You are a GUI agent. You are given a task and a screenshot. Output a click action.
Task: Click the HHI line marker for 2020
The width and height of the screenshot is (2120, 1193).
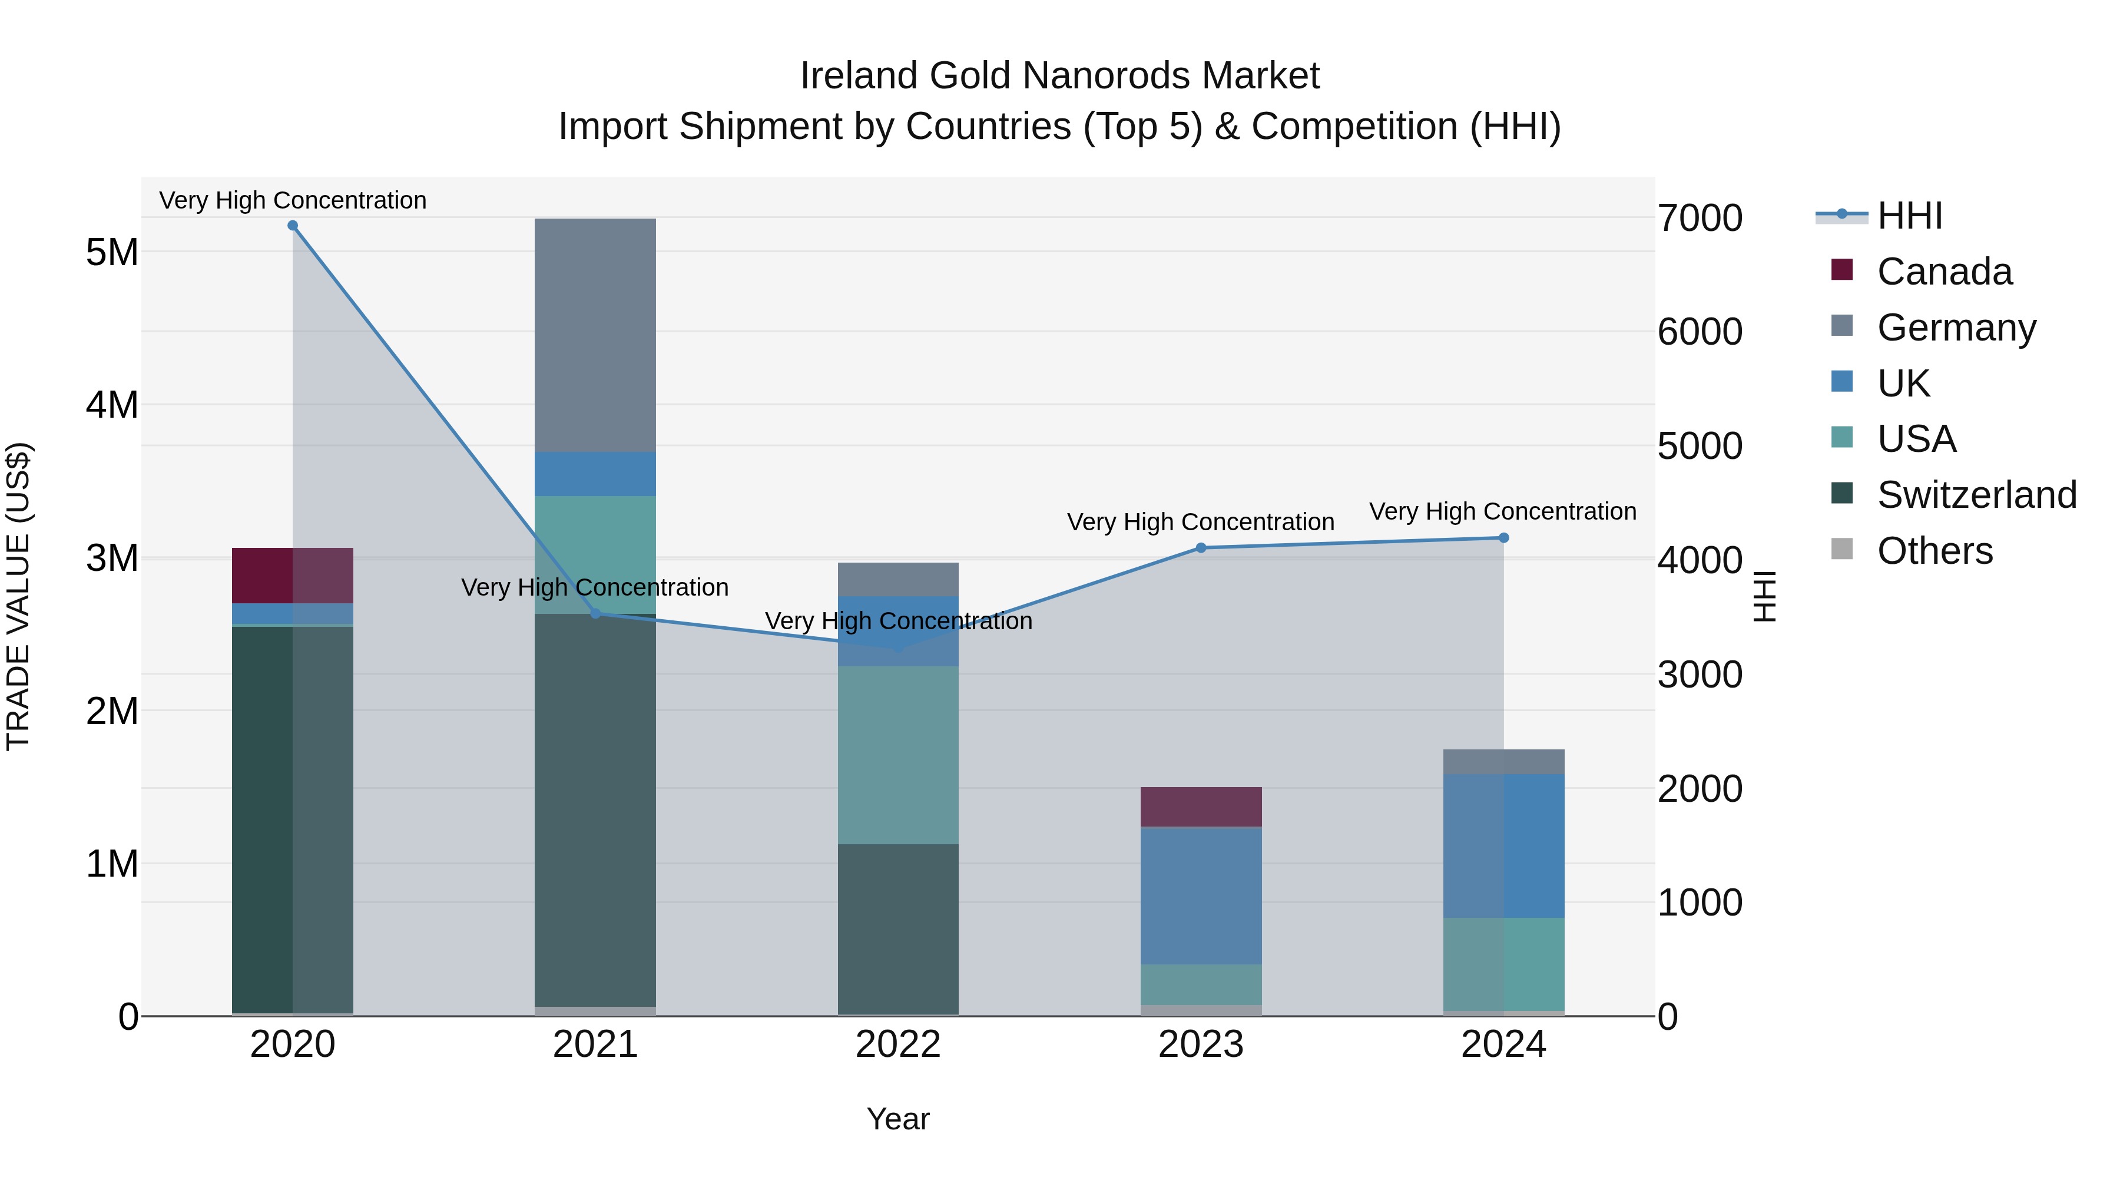pos(292,226)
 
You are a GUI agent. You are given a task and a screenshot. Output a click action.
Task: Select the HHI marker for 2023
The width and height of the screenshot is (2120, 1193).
pos(1201,547)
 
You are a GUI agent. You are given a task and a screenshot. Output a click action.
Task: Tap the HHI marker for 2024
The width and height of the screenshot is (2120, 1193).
pos(1503,538)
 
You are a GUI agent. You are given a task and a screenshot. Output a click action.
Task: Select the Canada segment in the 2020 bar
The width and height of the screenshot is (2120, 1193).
pos(292,576)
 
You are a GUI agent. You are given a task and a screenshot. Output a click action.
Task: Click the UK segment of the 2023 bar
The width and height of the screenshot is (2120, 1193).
pos(1201,895)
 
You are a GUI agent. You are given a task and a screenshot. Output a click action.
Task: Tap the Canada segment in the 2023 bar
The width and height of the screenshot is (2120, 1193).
pos(1201,807)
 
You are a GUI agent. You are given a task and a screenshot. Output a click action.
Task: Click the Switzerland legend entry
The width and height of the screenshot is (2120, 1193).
pos(1976,495)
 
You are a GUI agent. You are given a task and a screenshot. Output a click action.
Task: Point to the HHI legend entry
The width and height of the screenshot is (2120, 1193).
pos(1909,216)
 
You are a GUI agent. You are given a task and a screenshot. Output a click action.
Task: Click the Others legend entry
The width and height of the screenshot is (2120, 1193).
pos(1934,551)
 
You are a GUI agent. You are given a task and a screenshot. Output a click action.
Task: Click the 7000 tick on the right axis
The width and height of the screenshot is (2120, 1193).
pos(1700,218)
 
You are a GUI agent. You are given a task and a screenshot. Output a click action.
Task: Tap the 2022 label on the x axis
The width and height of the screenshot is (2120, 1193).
pos(898,1045)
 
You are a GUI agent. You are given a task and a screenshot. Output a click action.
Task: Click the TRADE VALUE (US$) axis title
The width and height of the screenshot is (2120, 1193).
pos(18,596)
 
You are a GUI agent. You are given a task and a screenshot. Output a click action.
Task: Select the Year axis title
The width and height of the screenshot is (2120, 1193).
pos(898,1119)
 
